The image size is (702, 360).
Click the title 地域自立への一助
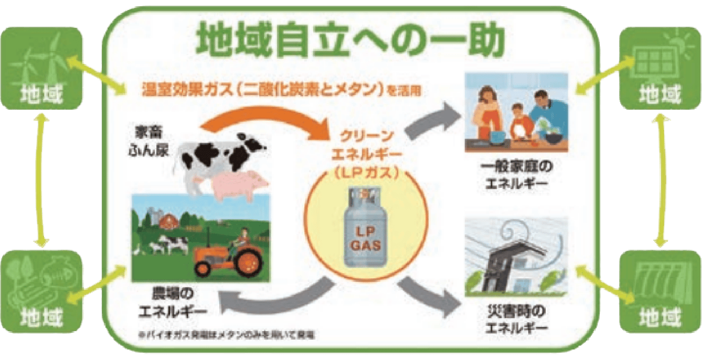(350, 39)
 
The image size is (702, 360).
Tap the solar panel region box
(660, 67)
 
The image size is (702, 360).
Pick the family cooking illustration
(517, 112)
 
